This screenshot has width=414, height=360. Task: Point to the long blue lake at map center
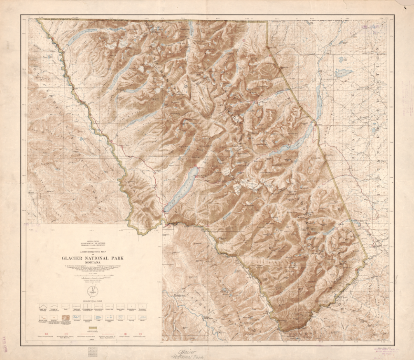[x=181, y=190]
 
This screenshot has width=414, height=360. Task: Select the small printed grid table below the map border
[x=94, y=351]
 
